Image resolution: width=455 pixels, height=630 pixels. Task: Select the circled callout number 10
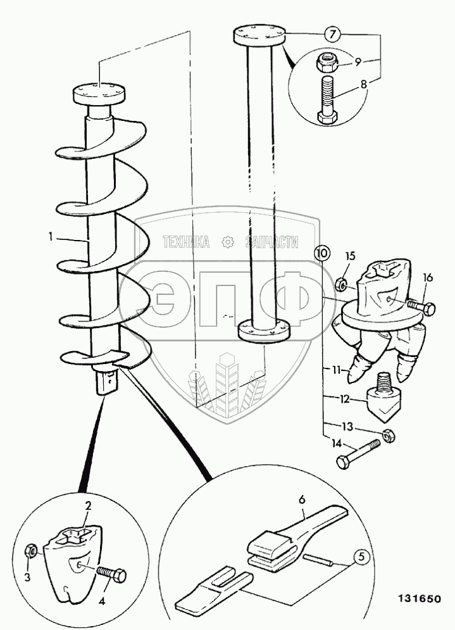(322, 253)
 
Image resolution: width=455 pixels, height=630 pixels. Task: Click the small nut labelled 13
(389, 436)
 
